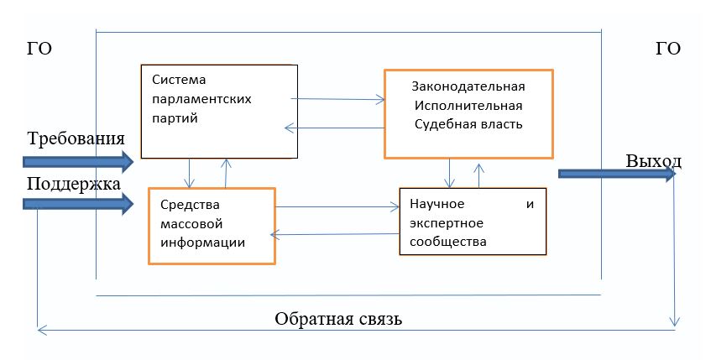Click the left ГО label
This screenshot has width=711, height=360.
click(39, 50)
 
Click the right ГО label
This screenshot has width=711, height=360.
click(667, 50)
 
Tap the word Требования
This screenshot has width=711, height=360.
click(76, 138)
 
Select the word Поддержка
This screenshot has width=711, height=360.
click(74, 184)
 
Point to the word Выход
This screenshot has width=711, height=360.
click(653, 160)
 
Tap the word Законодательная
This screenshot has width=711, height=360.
click(468, 87)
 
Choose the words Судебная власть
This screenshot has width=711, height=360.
click(468, 125)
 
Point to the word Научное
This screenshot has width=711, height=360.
click(437, 205)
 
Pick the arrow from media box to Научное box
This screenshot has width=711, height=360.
click(337, 206)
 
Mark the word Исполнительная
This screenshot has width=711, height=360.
click(468, 106)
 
